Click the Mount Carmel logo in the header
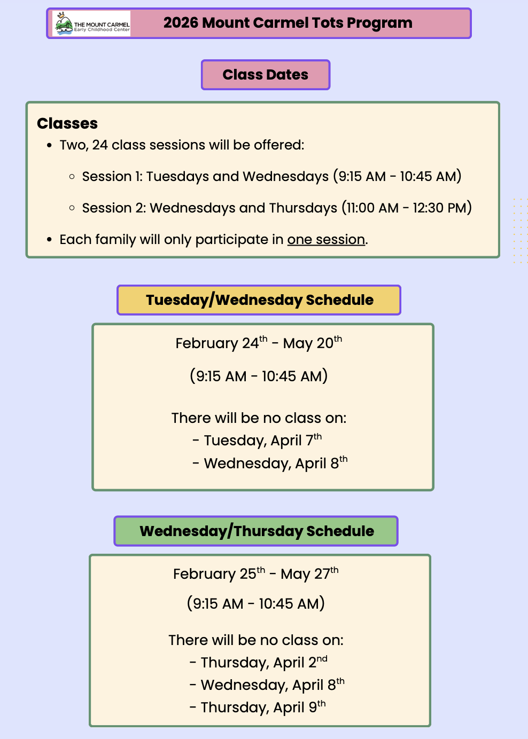[x=91, y=23]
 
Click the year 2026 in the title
[x=181, y=23]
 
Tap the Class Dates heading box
[x=266, y=75]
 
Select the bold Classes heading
[x=67, y=123]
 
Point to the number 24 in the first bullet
[x=100, y=145]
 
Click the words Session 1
[x=112, y=176]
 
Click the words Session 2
[x=114, y=208]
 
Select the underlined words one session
[x=326, y=240]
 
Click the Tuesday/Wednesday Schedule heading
[x=259, y=300]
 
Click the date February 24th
[x=221, y=343]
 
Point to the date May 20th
[x=313, y=343]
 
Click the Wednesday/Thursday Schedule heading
[x=256, y=531]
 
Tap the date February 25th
[x=219, y=573]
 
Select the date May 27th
[x=309, y=573]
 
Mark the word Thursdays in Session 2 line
[x=303, y=208]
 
